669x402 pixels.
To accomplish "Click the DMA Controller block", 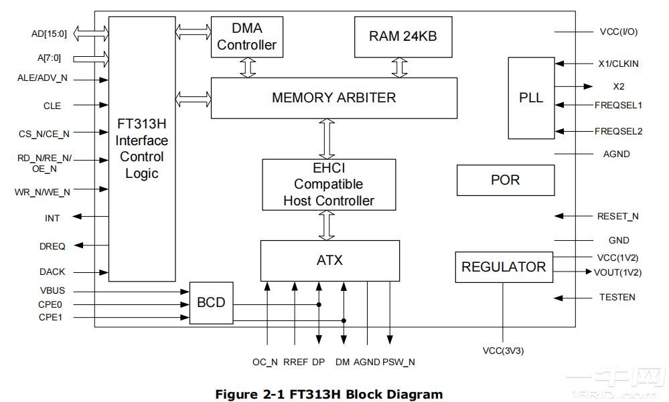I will coord(246,37).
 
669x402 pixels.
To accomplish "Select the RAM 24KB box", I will coord(402,36).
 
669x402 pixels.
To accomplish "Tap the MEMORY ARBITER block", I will coord(333,98).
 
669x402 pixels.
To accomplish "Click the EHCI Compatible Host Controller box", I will coord(328,184).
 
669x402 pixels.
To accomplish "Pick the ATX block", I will coord(329,260).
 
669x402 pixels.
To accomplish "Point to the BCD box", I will coord(211,303).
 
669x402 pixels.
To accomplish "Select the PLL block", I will coord(531,98).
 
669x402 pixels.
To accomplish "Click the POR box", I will coord(505,180).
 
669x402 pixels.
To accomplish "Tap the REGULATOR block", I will coord(504,267).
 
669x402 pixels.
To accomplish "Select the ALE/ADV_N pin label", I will coord(42,78).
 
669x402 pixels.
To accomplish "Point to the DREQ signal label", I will coord(52,246).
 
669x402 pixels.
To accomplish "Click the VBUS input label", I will coord(52,292).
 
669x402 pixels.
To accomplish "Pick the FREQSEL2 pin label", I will coord(618,131).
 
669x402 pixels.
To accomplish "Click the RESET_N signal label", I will coord(617,216).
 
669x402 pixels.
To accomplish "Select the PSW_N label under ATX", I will coord(398,362).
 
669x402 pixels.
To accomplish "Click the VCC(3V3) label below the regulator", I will coord(503,350).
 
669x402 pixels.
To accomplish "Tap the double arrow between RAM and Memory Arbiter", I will coord(400,68).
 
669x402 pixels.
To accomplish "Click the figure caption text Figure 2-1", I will coord(329,394).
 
